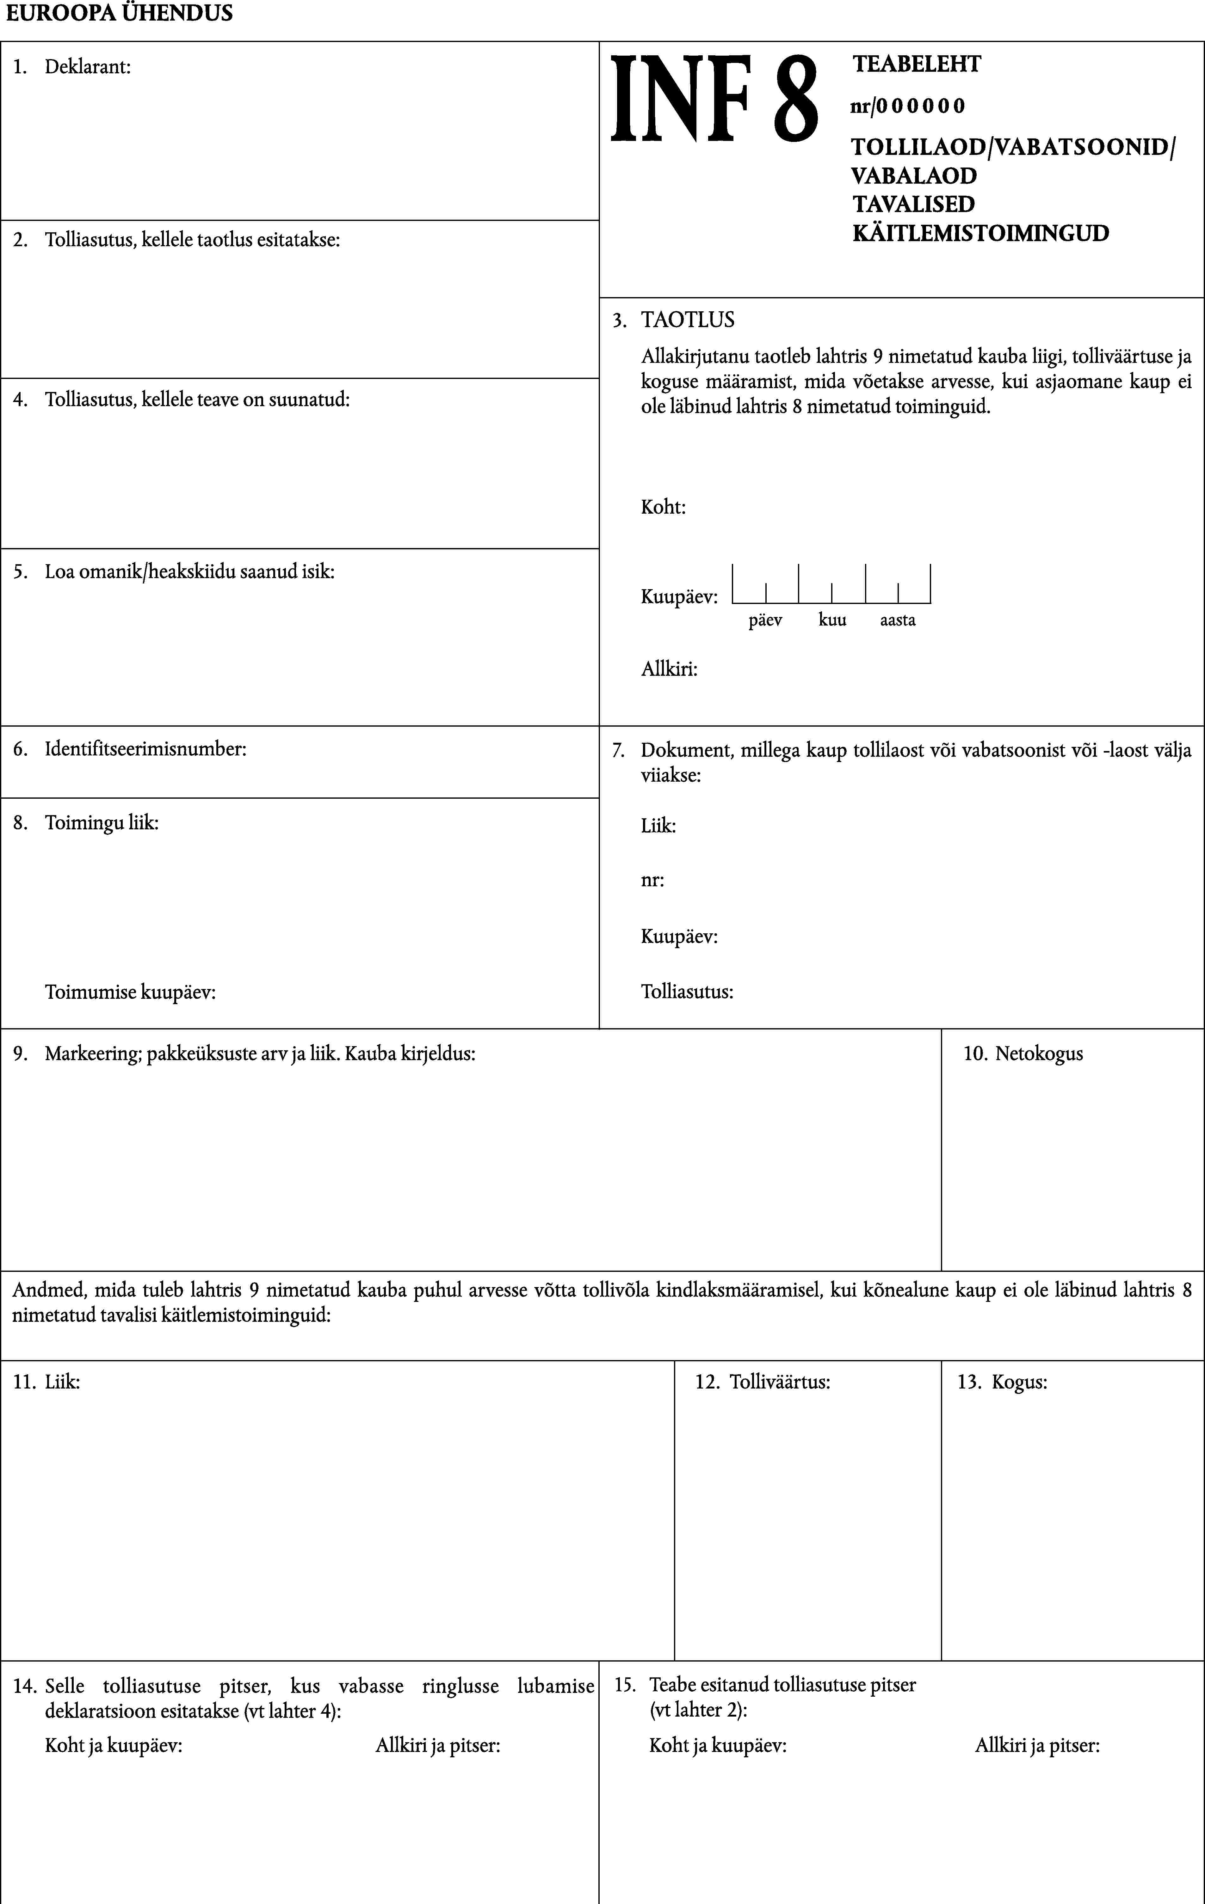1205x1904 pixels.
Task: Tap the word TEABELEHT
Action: (x=916, y=64)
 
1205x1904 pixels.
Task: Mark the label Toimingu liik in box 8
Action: (x=101, y=823)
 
